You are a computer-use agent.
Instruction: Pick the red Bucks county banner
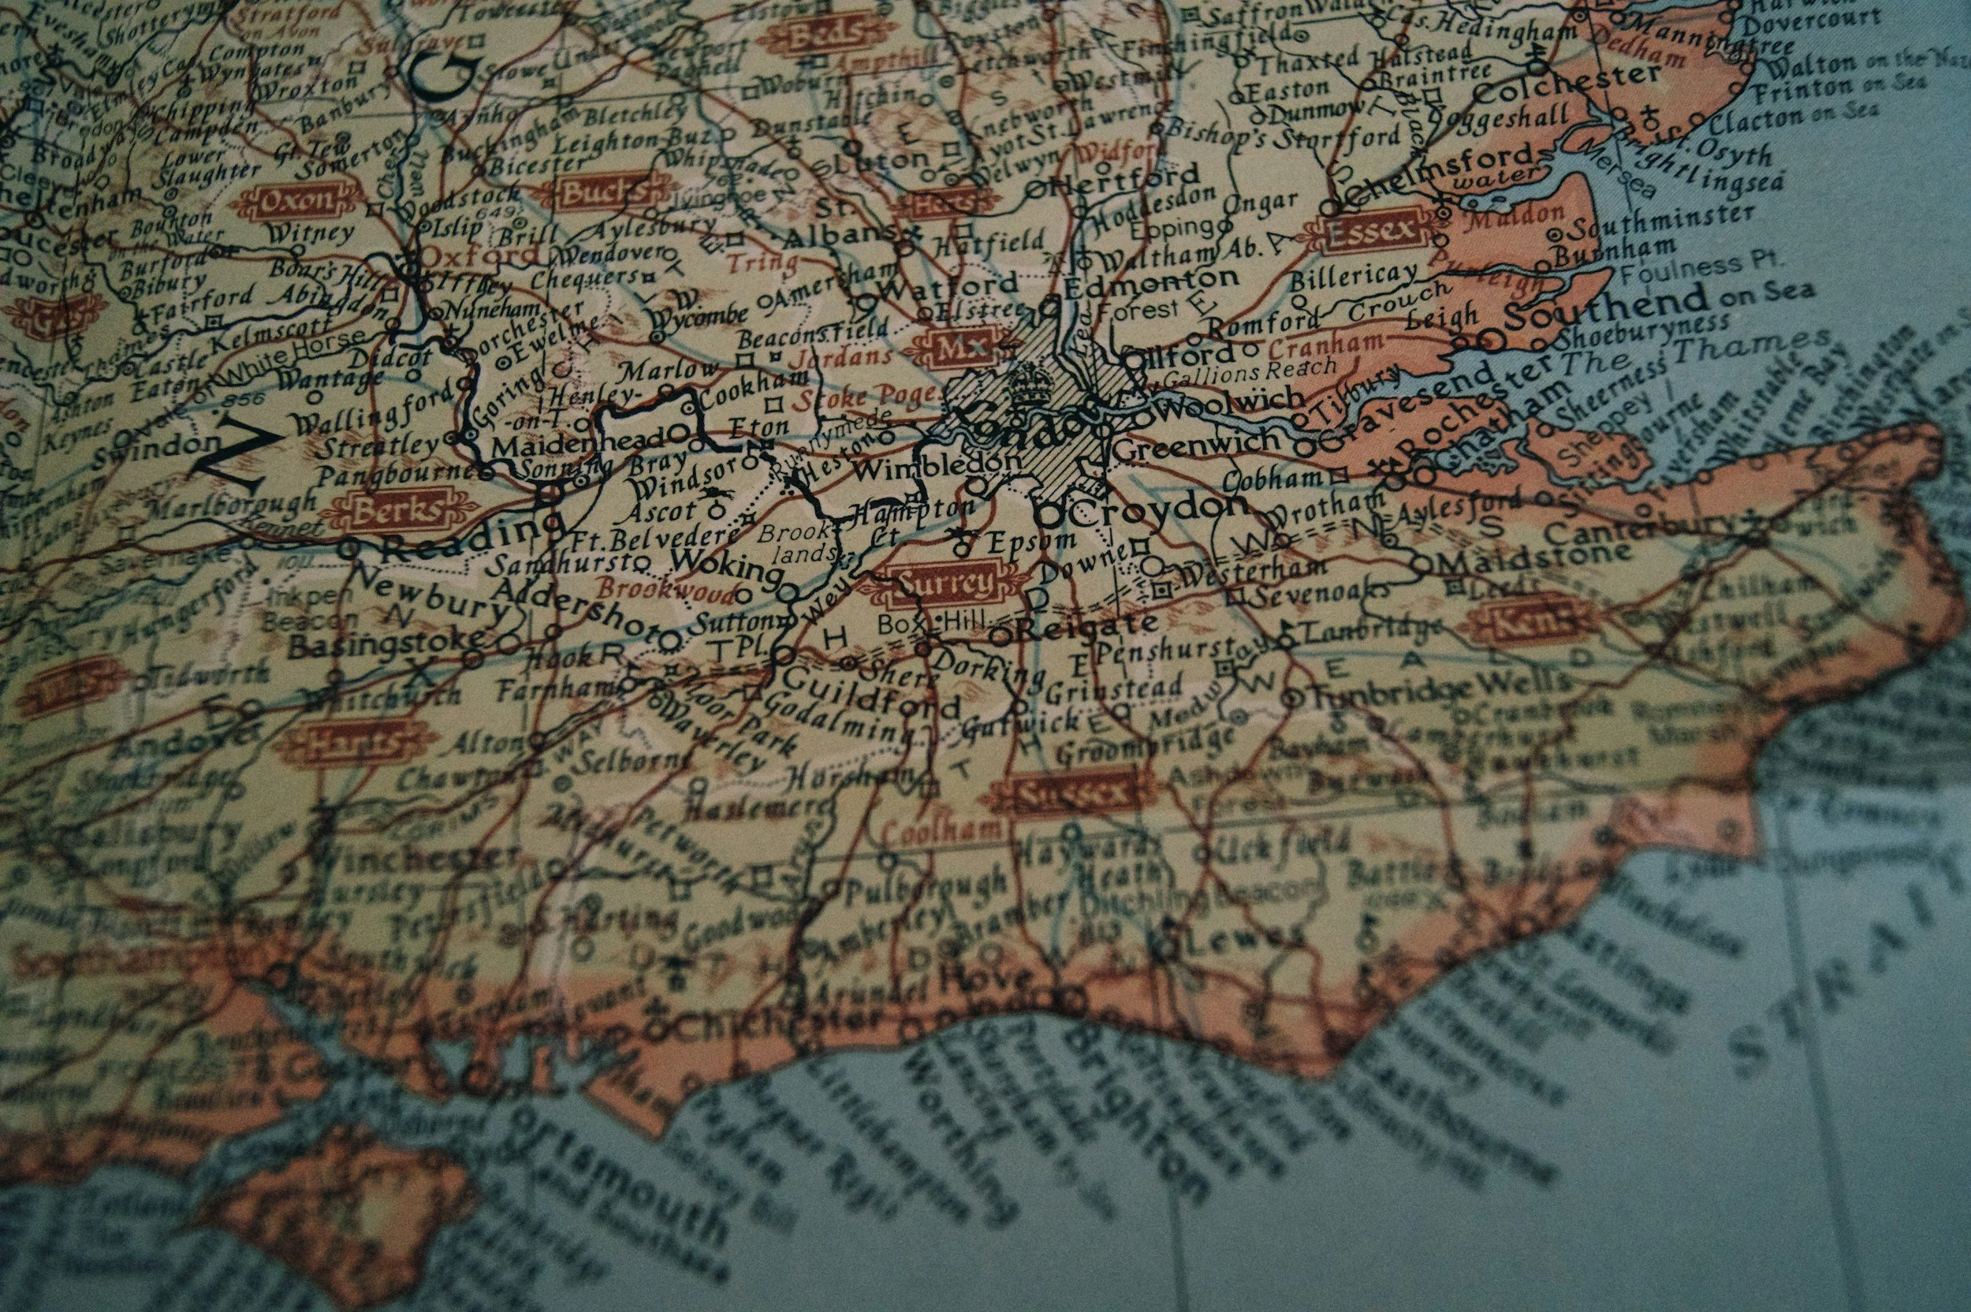[x=604, y=194]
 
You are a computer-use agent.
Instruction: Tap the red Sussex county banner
[x=1068, y=792]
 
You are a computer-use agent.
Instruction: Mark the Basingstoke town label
[x=386, y=645]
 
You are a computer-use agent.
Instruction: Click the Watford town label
[x=950, y=288]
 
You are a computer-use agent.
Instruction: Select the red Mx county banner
[x=954, y=344]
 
